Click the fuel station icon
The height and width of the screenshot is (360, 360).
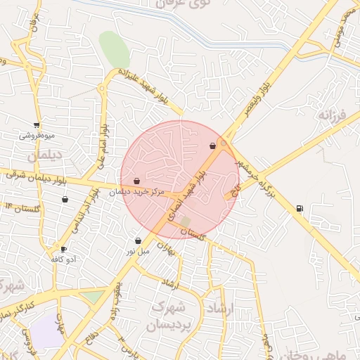(300, 208)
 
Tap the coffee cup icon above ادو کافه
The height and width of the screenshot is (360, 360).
(63, 250)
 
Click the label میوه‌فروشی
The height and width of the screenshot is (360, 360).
(37, 135)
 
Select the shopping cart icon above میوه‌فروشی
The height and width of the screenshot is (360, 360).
(37, 125)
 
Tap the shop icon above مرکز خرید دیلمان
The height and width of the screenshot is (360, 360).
(136, 181)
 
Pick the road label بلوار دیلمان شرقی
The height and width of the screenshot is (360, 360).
(35, 176)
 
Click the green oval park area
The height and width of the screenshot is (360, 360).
(114, 49)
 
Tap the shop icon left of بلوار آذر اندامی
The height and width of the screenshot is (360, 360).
(65, 199)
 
